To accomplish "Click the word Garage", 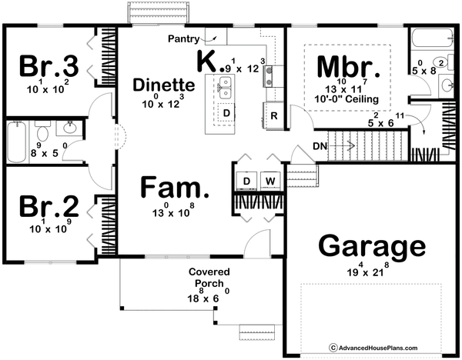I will [x=372, y=247].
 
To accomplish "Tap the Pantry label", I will [x=185, y=37].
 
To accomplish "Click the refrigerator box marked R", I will [x=274, y=115].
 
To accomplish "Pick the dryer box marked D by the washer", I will [x=246, y=181].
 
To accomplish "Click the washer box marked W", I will [x=270, y=181].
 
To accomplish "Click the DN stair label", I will [x=322, y=145].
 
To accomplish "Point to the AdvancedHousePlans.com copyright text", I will [x=392, y=347].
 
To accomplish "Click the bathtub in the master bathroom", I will [x=424, y=39].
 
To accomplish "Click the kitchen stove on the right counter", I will [x=269, y=73].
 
